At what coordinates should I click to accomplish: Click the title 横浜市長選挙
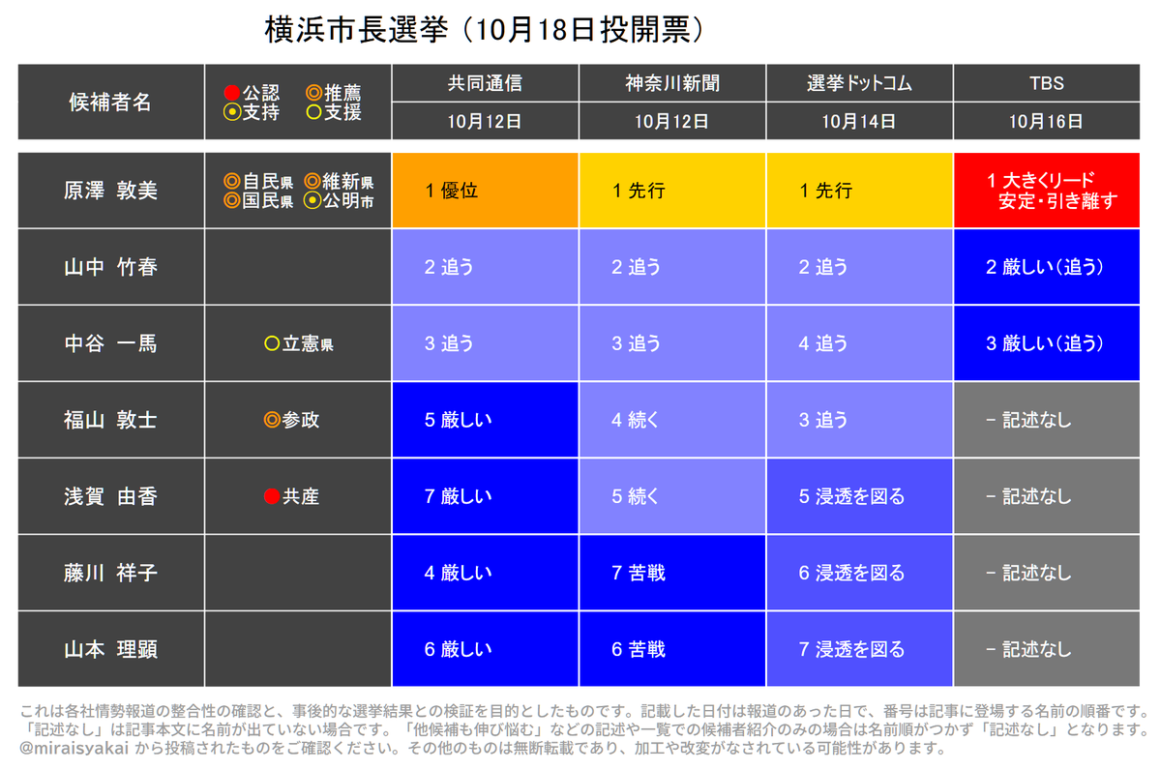[356, 30]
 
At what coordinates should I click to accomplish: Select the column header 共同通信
[485, 83]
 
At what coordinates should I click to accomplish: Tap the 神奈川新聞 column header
[671, 83]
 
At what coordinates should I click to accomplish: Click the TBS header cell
[1046, 83]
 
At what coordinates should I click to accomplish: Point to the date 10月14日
[859, 121]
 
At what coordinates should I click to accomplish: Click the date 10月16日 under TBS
[1046, 121]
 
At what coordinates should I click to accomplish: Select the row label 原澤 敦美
[111, 191]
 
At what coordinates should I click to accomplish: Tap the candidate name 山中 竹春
[111, 267]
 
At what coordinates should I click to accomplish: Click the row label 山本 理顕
[111, 649]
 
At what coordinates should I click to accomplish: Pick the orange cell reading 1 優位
[486, 191]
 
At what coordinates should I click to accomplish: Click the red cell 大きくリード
[1047, 191]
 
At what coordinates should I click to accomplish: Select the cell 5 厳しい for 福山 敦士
[486, 420]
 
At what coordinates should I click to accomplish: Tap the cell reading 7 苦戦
[672, 573]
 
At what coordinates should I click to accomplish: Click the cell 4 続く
[672, 420]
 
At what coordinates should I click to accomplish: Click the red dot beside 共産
[272, 496]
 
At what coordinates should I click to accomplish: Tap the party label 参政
[301, 420]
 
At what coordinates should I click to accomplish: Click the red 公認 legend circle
[231, 93]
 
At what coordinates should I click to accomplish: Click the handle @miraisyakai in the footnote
[74, 748]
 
